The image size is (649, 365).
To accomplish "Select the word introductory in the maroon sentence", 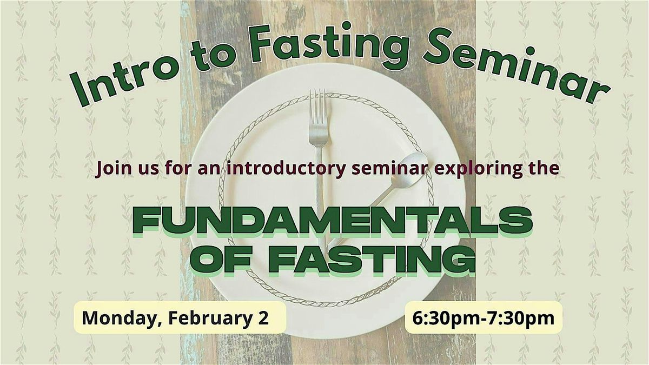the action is point(286,169).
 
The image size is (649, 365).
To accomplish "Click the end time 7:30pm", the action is point(521,318).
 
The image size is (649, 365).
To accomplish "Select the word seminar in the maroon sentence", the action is point(390,168).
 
